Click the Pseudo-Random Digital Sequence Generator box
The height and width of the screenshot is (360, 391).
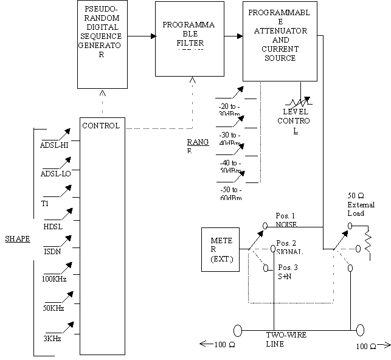(x=103, y=44)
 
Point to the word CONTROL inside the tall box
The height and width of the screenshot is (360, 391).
(x=101, y=126)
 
